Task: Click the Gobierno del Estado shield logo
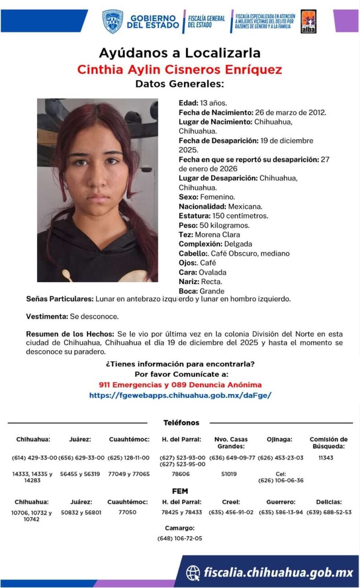pos(113,21)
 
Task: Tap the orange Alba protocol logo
pos(308,21)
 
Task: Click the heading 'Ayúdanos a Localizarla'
pos(180,53)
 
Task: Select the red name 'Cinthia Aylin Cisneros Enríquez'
pos(180,70)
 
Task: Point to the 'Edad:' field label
pos(188,103)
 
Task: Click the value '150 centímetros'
pos(241,216)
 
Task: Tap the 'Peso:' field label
pos(188,225)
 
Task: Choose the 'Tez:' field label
pos(186,235)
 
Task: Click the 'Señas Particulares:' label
pos(60,299)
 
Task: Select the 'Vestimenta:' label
pos(47,316)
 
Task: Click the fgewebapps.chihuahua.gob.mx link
pos(180,395)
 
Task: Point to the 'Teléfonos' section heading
pos(181,422)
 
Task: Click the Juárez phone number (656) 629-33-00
pos(81,458)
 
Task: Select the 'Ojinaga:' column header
pos(279,439)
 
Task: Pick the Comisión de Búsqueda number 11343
pos(326,458)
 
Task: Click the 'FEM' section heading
pos(180,491)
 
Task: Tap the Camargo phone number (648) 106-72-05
pos(180,538)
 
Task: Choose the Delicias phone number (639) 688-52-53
pos(329,512)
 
